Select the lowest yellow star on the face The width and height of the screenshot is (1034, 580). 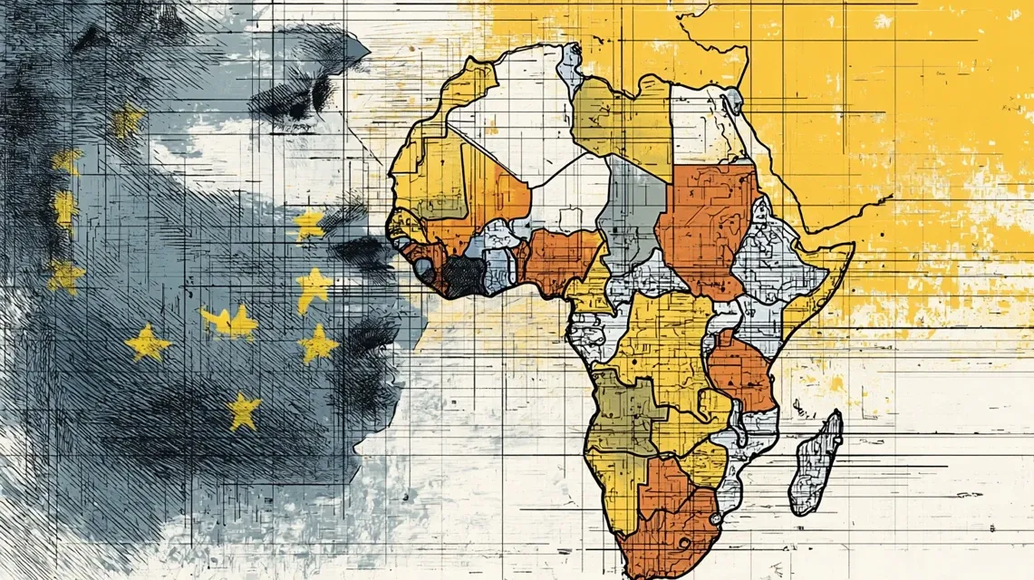click(x=243, y=411)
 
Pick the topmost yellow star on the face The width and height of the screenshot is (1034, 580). click(x=128, y=121)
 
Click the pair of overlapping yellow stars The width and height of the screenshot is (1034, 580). click(x=231, y=321)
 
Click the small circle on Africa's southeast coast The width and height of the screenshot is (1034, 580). click(x=715, y=517)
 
